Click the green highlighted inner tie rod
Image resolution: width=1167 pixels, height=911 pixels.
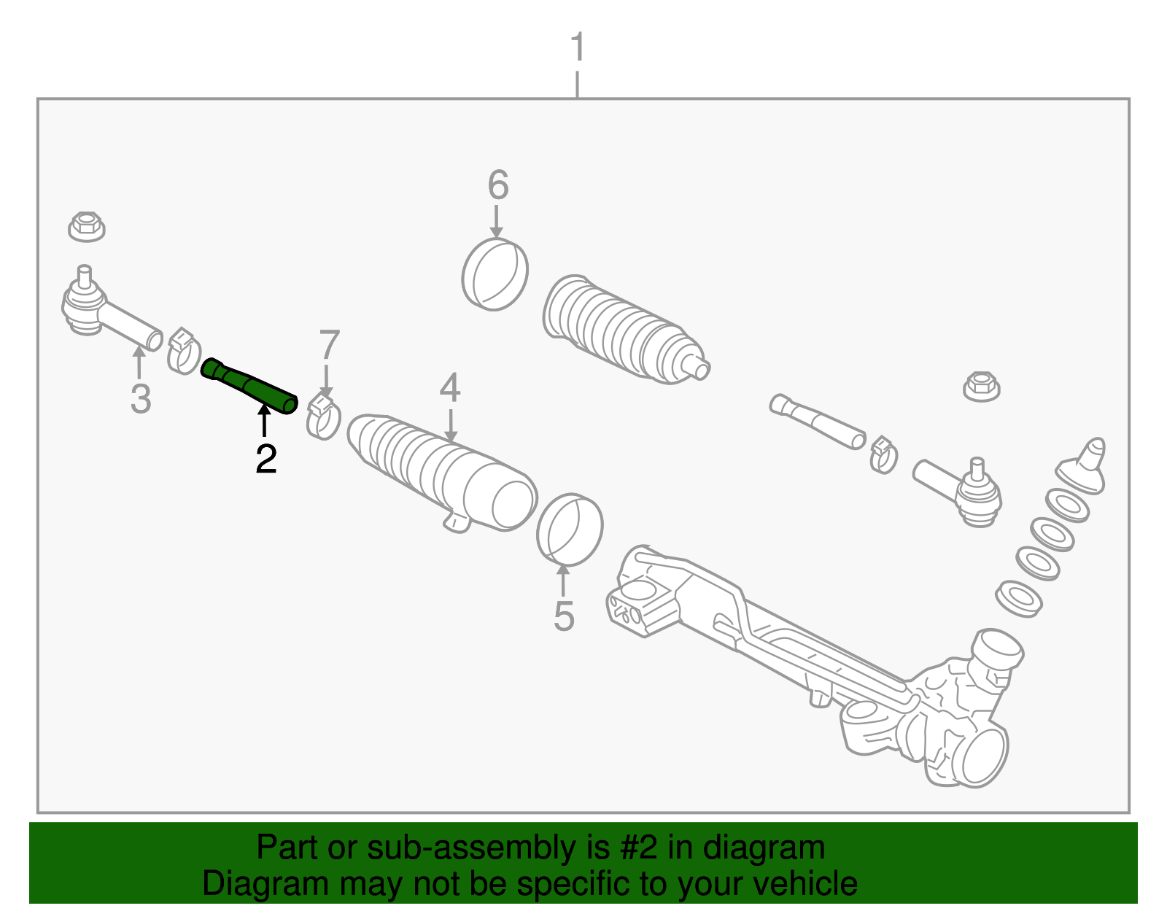pos(249,386)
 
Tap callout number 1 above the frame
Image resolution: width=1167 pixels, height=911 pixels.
pos(578,47)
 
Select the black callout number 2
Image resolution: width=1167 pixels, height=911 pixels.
pos(265,460)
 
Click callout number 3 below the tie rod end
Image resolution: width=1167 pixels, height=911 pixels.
pos(141,399)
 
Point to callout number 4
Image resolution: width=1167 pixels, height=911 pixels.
pos(450,388)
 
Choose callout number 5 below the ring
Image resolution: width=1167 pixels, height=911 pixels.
pos(564,616)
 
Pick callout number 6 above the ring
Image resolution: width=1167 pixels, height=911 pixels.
pos(497,185)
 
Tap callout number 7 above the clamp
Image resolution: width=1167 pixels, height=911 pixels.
pos(330,345)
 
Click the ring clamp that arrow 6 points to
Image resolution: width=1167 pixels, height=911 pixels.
pos(495,274)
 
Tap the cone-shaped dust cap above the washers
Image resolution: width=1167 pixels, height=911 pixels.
pos(1085,467)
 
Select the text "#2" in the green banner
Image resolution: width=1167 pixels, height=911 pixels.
pos(639,848)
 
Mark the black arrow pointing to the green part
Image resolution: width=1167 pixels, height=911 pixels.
pos(265,422)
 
